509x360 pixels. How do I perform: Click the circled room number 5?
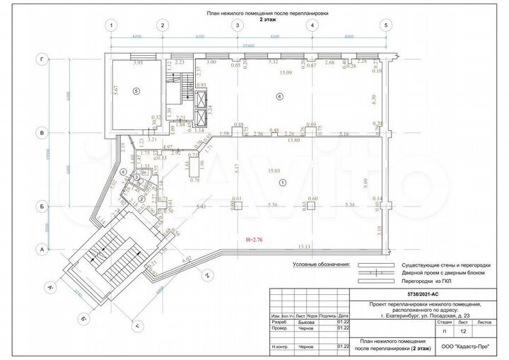(x=138, y=91)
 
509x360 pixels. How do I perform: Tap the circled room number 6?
(x=279, y=96)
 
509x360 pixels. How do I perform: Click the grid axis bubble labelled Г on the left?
(x=44, y=61)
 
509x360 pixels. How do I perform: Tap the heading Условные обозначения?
(x=322, y=264)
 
